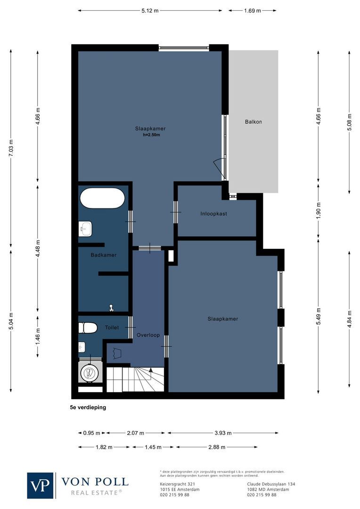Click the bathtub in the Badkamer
[102, 198]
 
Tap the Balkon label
[253, 122]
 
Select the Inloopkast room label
[213, 213]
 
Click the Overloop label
[148, 335]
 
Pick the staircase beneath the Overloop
[135, 379]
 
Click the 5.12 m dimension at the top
[150, 10]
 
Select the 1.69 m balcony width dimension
[252, 10]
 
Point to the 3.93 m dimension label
[223, 432]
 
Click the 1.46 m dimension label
[38, 336]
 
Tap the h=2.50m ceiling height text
[152, 135]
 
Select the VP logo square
[41, 485]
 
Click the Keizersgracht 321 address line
[175, 484]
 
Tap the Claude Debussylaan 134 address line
[271, 484]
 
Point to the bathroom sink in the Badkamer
[85, 230]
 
